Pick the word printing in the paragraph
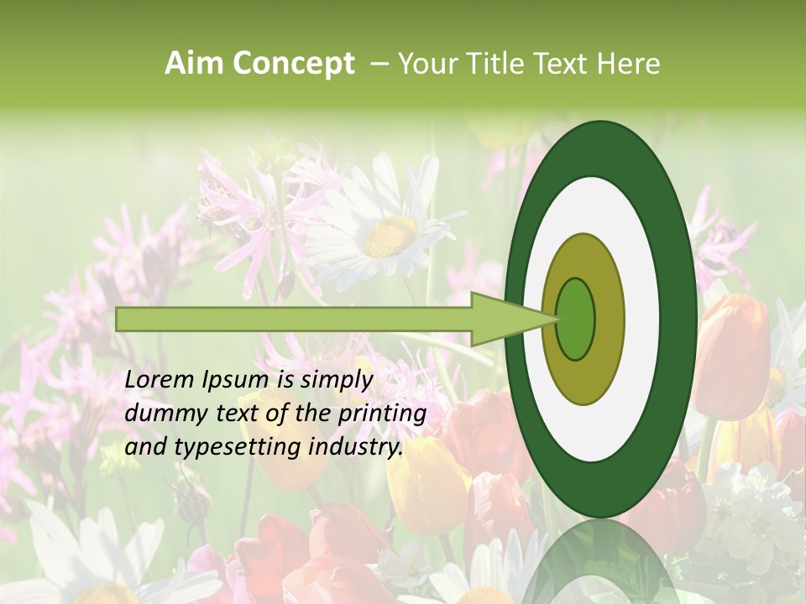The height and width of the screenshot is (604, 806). pyautogui.click(x=382, y=414)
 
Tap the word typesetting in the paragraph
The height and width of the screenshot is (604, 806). pyautogui.click(x=224, y=448)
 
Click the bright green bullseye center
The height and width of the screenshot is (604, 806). pyautogui.click(x=576, y=320)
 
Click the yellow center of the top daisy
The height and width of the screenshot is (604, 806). pyautogui.click(x=391, y=236)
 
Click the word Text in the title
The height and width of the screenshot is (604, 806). pyautogui.click(x=561, y=64)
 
